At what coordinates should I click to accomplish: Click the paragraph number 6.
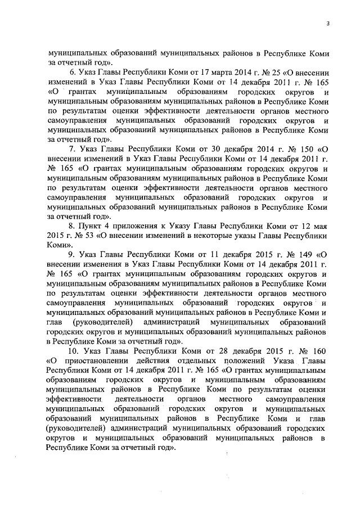(x=72, y=73)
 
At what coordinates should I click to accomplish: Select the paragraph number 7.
(x=72, y=149)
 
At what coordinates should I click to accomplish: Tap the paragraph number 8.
(x=72, y=226)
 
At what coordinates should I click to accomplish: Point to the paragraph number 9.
(x=72, y=254)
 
